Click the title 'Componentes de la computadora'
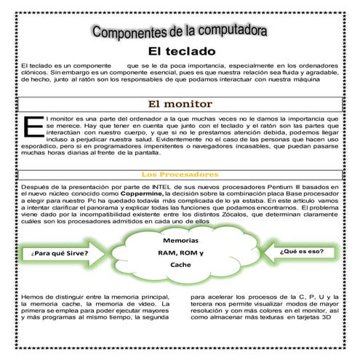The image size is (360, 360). (180, 33)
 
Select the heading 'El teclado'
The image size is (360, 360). (182, 52)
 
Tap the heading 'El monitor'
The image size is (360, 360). (180, 104)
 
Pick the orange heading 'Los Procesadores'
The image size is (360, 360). (179, 175)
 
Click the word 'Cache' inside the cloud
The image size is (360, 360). (180, 265)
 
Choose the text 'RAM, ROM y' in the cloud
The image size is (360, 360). (180, 252)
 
